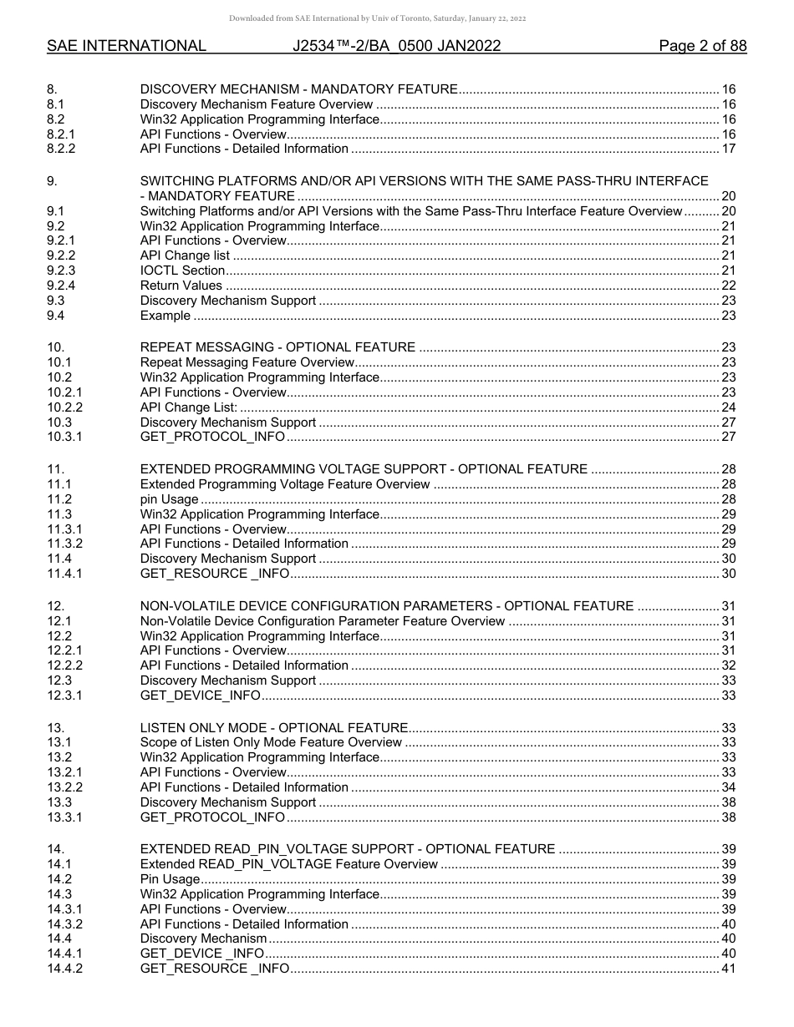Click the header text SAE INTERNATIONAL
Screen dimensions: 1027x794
pos(126,46)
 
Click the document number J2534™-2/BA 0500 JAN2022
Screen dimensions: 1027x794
pos(397,46)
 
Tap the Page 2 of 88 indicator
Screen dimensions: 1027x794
pos(702,46)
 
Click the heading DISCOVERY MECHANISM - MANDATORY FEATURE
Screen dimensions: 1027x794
pos(298,89)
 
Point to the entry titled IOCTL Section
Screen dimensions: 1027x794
pos(182,271)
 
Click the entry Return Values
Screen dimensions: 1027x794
pos(181,286)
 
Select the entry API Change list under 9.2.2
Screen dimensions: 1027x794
pos(185,255)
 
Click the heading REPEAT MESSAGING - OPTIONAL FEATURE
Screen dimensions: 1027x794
pos(277,347)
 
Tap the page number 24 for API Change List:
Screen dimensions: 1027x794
pos(728,407)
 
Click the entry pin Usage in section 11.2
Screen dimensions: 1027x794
pos(169,499)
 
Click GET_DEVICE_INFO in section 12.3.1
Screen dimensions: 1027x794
pos(201,696)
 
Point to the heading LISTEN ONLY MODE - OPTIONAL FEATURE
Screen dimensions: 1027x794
pos(274,727)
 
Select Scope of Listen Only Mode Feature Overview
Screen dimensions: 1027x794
pos(271,742)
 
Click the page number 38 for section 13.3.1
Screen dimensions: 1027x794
pos(728,817)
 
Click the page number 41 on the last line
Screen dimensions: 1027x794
pos(728,969)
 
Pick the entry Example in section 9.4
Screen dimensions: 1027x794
pos(165,316)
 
